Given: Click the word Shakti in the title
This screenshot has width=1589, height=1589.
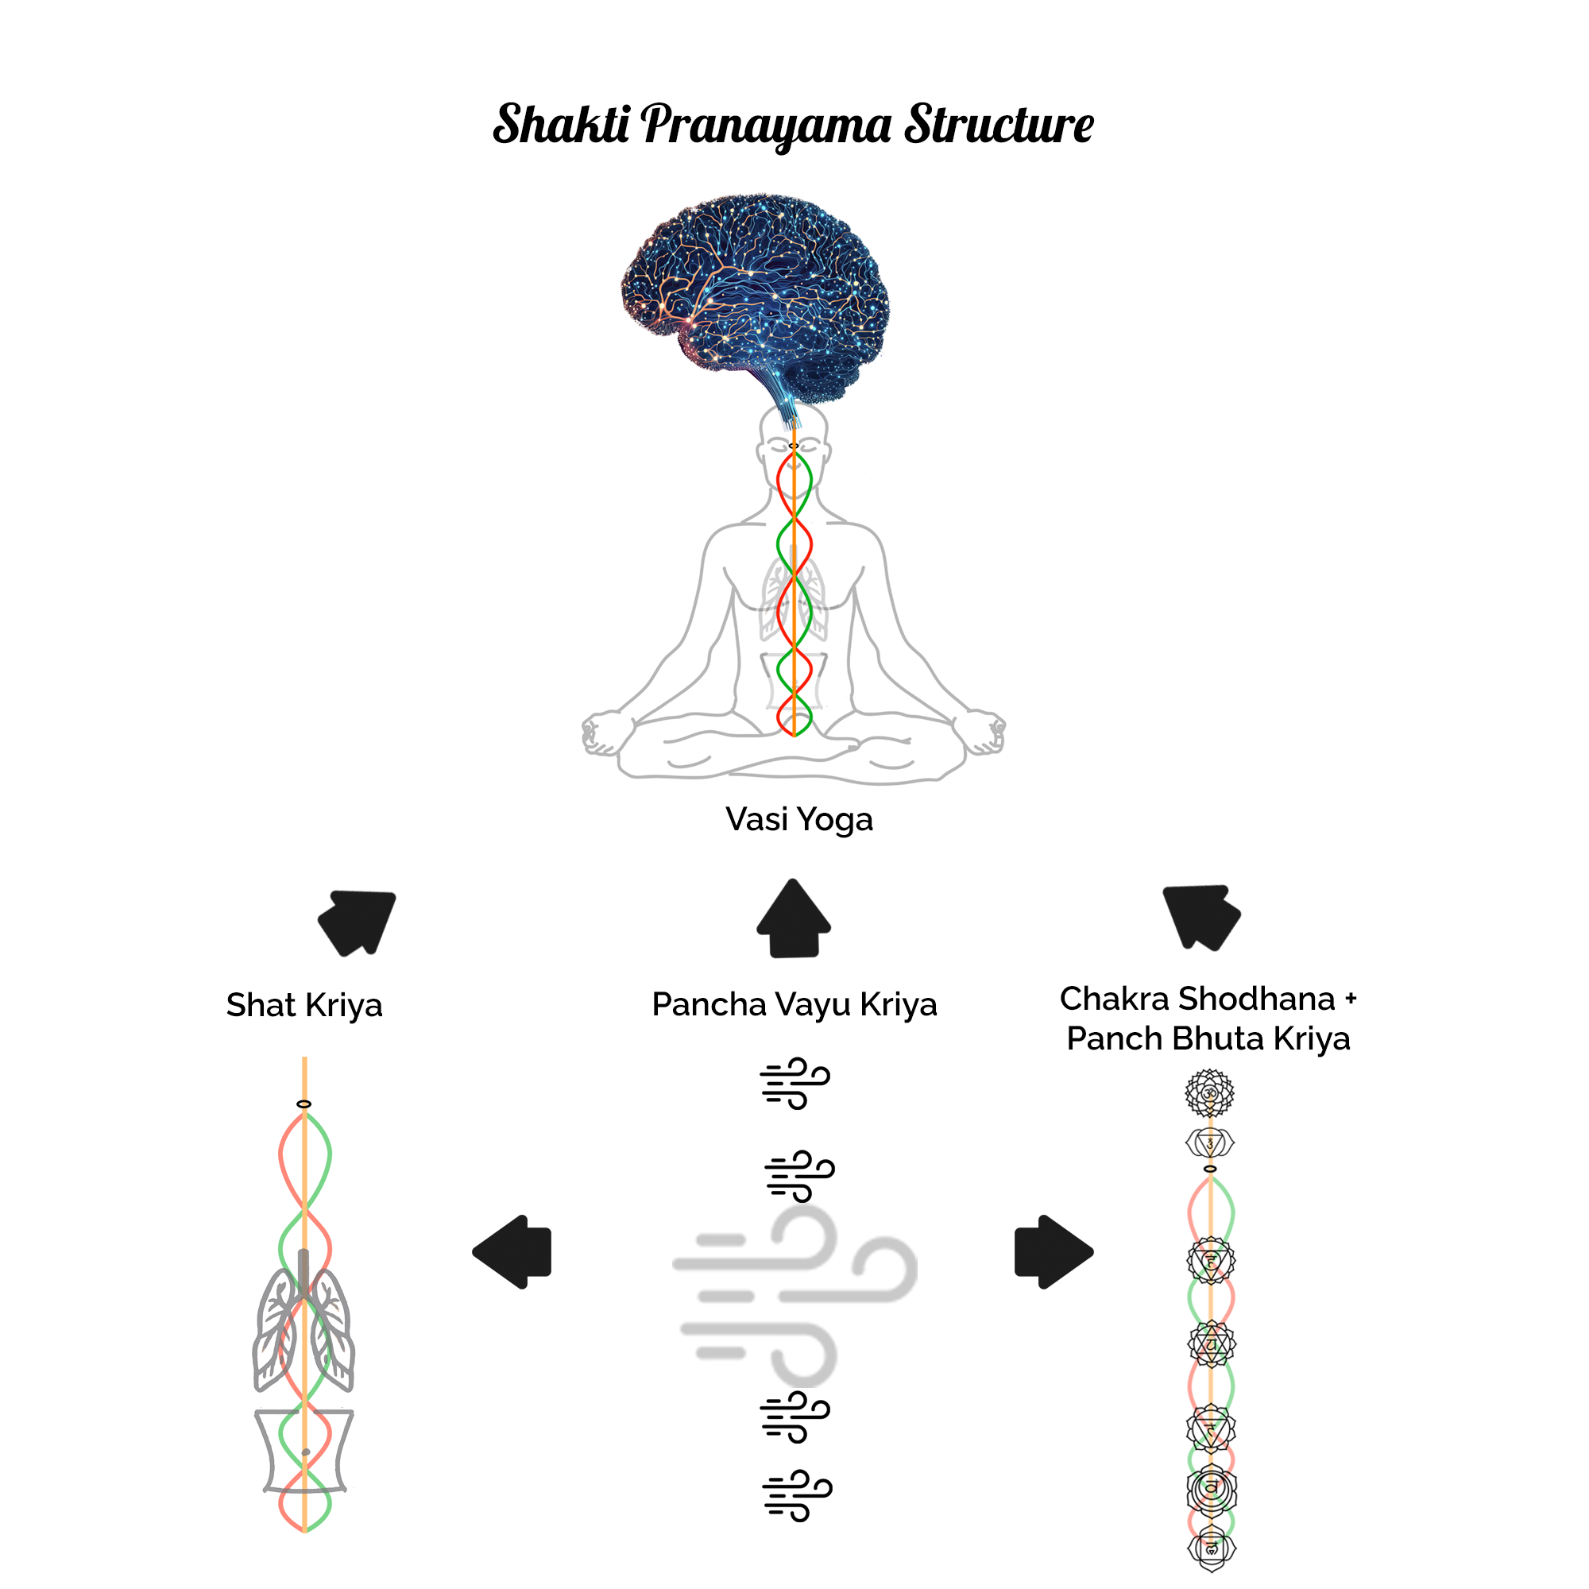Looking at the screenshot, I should pos(562,126).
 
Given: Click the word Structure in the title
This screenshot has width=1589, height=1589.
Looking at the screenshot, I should pos(999,126).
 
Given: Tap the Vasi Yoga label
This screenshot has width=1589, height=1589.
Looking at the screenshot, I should pos(798,819).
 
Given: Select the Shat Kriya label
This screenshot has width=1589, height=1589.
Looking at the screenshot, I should pos(304,1005).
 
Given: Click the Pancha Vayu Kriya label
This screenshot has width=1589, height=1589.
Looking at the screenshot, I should pos(794,1004).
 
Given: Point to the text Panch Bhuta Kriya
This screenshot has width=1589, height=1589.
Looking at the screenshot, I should pos(1208,1038).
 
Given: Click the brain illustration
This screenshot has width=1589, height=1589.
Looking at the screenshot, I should pos(755,296).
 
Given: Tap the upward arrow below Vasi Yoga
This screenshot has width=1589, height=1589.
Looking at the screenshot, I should pos(794,918).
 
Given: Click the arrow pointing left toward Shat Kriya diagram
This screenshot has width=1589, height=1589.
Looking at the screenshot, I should pos(513,1251).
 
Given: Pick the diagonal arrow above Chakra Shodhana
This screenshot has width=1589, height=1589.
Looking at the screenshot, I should pos(1200,916).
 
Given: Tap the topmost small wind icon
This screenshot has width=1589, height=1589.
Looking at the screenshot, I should pos(794,1083).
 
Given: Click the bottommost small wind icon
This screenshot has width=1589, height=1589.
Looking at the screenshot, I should pos(797,1495).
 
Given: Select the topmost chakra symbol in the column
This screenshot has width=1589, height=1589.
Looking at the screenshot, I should pos(1209,1093).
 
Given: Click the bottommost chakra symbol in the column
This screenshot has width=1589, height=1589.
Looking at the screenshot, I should pos(1212,1548).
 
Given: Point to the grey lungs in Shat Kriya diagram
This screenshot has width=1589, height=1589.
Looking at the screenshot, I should pos(303,1328).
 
